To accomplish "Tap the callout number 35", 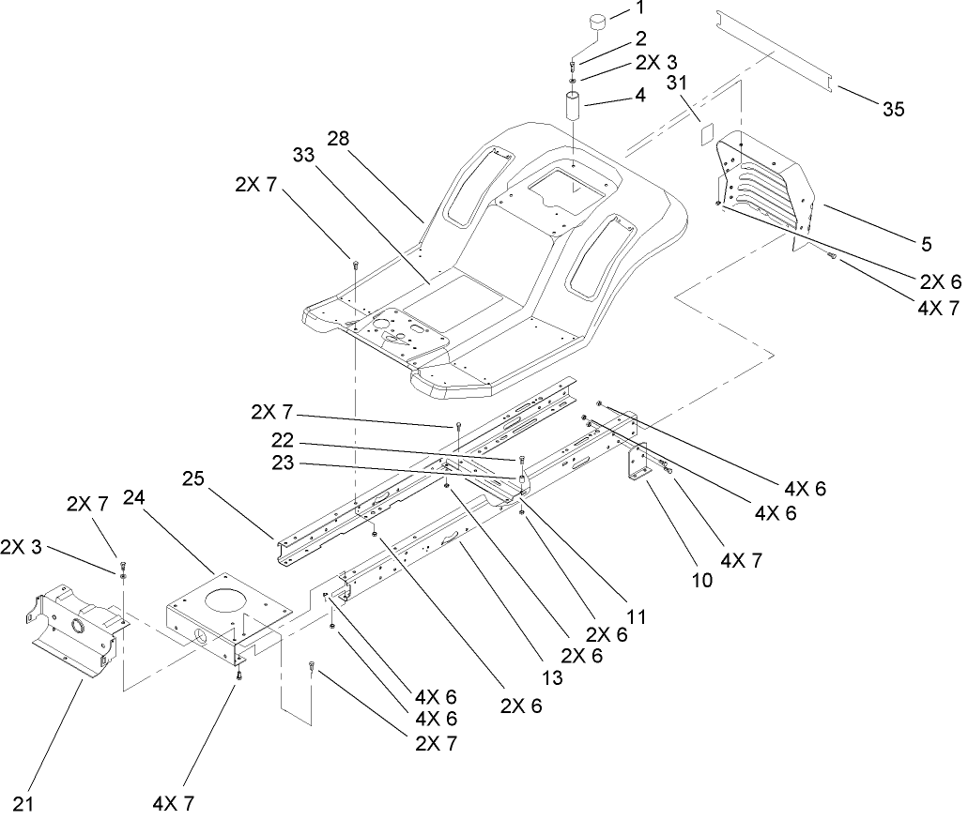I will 893,110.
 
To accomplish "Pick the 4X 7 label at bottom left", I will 173,803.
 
